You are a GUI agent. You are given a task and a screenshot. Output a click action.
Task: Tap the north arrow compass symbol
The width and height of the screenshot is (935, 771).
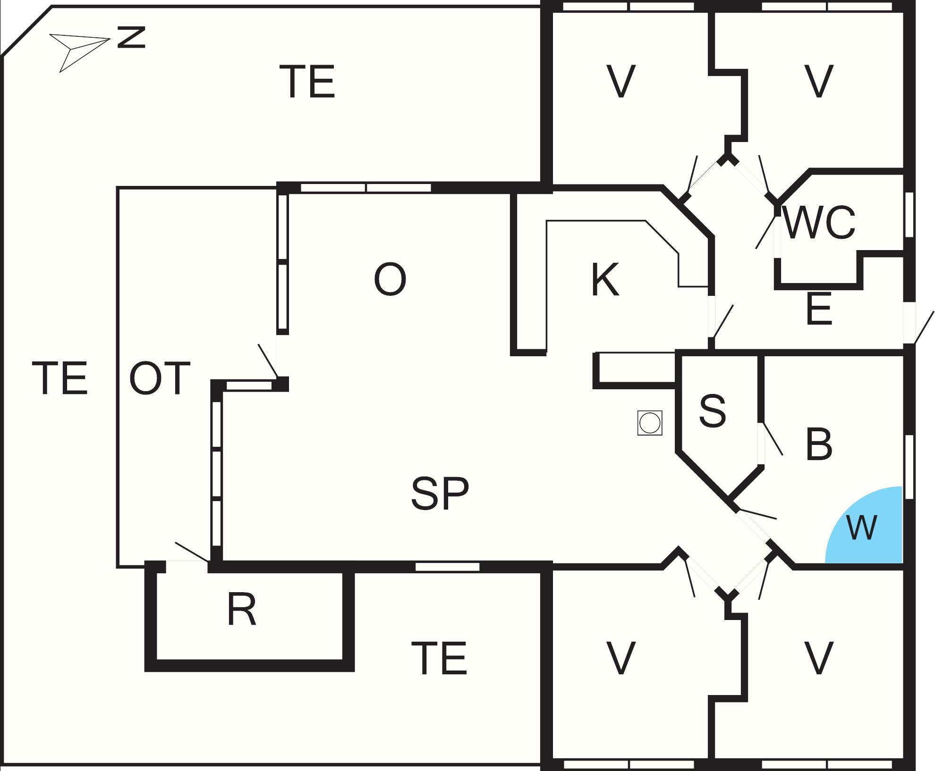(78, 49)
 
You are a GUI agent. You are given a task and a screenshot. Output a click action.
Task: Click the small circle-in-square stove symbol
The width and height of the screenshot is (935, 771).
(649, 423)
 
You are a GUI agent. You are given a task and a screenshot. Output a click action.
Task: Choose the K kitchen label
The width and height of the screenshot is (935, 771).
(605, 280)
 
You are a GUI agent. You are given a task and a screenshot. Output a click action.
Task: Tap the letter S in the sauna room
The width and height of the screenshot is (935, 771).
(712, 411)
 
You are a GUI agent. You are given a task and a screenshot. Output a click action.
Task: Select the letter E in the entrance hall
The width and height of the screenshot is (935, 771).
(819, 310)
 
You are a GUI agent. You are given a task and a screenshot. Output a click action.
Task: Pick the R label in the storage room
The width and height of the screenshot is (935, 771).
(242, 610)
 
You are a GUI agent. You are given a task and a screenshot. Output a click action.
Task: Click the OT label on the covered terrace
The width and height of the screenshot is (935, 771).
(160, 378)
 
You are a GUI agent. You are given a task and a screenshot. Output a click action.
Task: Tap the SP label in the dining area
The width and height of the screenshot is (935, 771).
(440, 493)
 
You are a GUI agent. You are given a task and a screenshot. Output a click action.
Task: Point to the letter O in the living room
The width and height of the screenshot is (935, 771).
(390, 280)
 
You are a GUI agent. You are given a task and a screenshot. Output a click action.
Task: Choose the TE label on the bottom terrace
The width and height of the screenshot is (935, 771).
(439, 658)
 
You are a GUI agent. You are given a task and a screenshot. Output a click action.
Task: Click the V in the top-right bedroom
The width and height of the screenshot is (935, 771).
(818, 82)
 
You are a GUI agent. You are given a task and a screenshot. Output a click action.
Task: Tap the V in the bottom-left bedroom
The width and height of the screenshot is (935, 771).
(620, 658)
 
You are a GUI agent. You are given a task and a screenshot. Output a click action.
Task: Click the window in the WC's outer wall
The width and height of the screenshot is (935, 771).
(909, 214)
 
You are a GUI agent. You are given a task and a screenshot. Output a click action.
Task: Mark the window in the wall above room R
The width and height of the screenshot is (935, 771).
(447, 567)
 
